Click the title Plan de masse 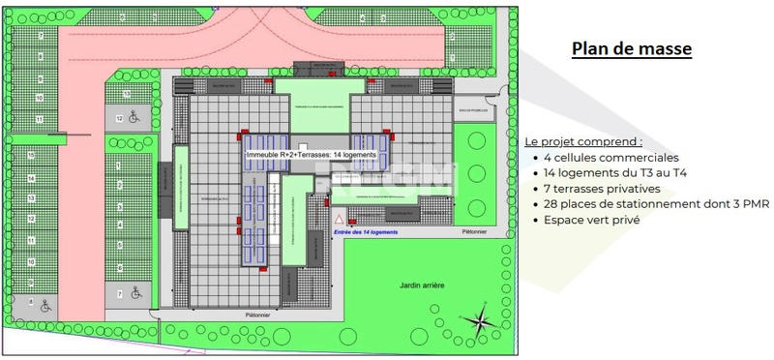coord(631,49)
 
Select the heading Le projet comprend coord(583,141)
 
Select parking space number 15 coord(32,155)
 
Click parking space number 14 coord(32,178)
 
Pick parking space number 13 coord(32,198)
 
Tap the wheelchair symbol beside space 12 coord(134,119)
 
